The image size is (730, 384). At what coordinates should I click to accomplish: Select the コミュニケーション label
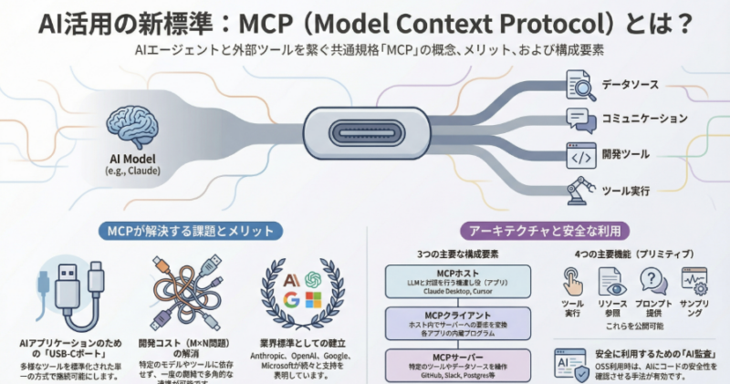(644, 118)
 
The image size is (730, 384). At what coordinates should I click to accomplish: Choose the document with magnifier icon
(581, 85)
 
